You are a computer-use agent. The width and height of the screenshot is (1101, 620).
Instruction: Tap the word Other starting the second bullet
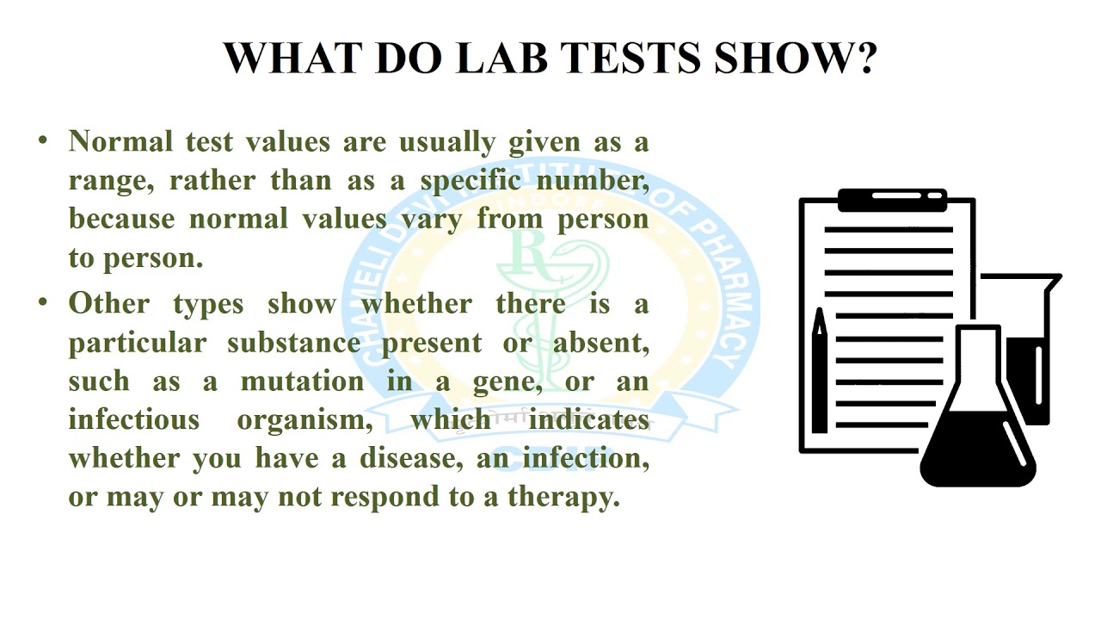[x=108, y=303]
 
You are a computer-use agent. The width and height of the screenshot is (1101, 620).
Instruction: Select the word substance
[x=297, y=343]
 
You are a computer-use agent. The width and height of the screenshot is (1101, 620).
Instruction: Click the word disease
[x=402, y=459]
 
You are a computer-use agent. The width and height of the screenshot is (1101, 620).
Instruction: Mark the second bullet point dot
[x=43, y=303]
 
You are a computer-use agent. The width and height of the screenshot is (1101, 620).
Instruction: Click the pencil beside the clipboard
[x=819, y=370]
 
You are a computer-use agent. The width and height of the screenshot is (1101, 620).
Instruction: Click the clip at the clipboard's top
[x=892, y=200]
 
